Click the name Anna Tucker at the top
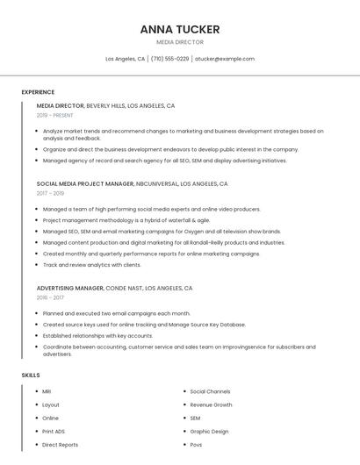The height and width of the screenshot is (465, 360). coord(179,29)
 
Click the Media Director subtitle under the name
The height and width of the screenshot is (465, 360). coord(179,42)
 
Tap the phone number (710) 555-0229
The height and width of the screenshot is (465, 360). coord(169,59)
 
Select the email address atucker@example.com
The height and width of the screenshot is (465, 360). coord(225,59)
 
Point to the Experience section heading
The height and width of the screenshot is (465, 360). coord(38,92)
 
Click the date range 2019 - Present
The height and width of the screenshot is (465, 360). coord(54,115)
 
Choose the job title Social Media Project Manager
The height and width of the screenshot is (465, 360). coord(85,184)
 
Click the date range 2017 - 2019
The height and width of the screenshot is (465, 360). coord(50,193)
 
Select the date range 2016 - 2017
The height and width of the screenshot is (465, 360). coord(50,297)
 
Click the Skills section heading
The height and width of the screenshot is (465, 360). coord(31,376)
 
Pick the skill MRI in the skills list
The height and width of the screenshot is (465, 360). coord(47,391)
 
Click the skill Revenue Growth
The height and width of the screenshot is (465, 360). coord(211,404)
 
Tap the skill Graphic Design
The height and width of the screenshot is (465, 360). coord(209,432)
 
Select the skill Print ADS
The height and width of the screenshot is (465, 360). coord(54,432)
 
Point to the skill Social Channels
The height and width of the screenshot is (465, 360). coord(210,391)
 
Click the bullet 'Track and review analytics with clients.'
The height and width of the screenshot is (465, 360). coord(91,264)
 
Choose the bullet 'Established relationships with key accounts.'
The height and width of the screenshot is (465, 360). coord(97,335)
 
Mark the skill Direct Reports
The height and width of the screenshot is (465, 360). coord(60,445)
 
